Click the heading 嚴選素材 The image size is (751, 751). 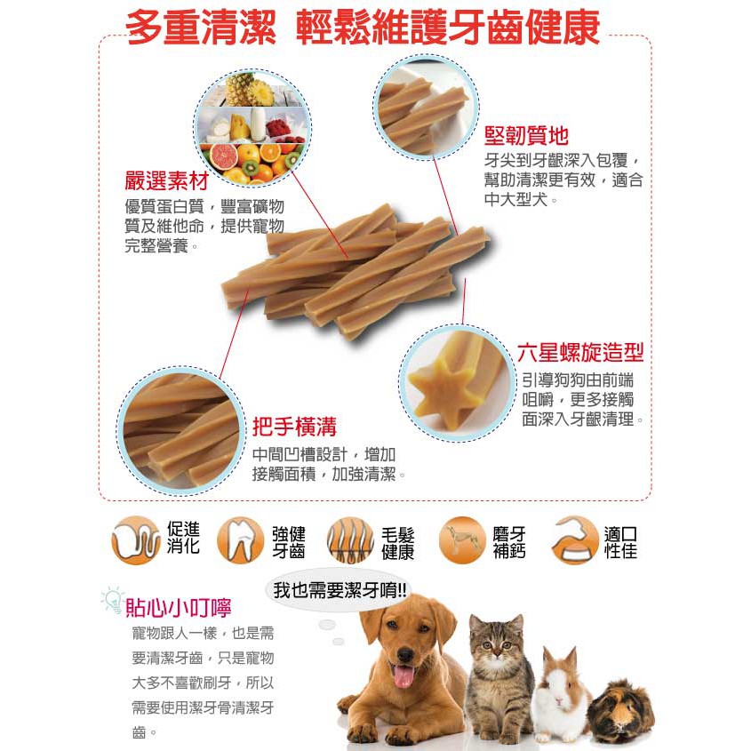pos(167,181)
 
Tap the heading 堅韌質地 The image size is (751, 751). pos(526,136)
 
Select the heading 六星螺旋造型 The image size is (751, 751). pos(580,353)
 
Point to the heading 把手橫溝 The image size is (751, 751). pos(294,427)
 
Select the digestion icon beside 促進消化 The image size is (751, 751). pos(136,539)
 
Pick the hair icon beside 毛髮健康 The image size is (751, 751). pos(350,540)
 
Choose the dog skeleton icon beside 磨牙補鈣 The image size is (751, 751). pos(462,539)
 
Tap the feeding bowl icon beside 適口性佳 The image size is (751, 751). pos(575,539)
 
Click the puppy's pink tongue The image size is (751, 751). pos(403,675)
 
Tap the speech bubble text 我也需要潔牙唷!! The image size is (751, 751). pos(340,590)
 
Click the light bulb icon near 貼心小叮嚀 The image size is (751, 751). pos(113,600)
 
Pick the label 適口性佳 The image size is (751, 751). pos(620,542)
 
